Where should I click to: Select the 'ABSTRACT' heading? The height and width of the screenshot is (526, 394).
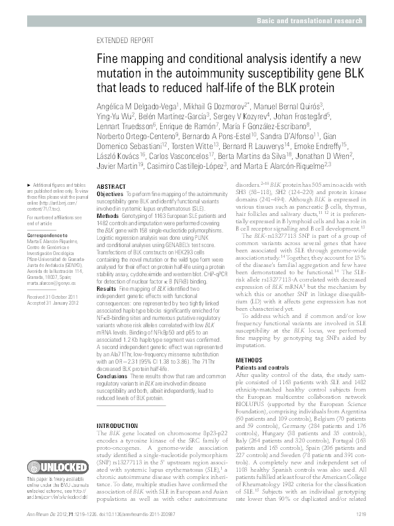(x=111, y=187)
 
